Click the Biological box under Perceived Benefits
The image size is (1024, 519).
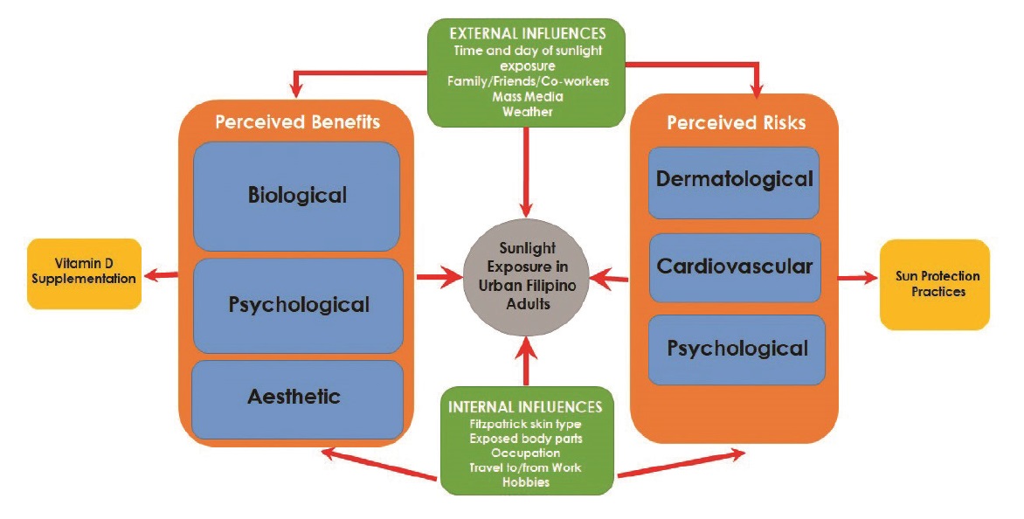tap(296, 196)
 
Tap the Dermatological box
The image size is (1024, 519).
tap(733, 181)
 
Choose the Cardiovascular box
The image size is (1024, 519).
tap(734, 266)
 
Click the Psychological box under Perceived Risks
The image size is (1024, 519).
tap(737, 349)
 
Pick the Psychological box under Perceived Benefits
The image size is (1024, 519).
tap(298, 305)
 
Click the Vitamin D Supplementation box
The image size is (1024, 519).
tap(84, 273)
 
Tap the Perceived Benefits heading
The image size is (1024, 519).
tap(295, 121)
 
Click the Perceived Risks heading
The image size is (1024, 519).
tap(736, 123)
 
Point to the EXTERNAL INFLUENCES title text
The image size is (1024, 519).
tap(527, 33)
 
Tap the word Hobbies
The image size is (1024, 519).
tap(525, 482)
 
